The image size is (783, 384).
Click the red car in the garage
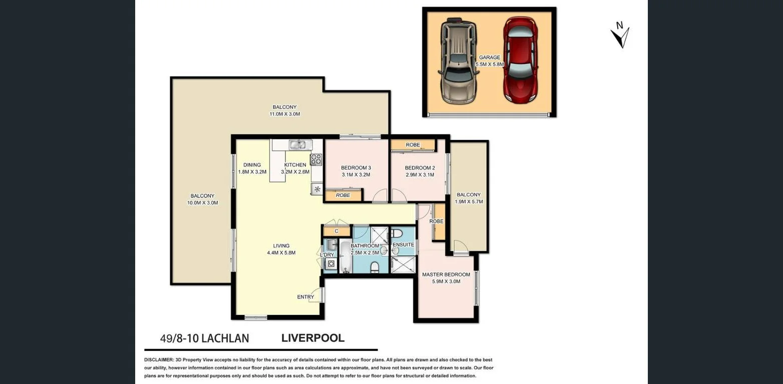coord(520,60)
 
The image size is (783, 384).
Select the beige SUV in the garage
coord(458,60)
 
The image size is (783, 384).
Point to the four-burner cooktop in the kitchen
coord(316,159)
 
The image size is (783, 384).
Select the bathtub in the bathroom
coord(346,256)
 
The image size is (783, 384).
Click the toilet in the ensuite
coord(397,233)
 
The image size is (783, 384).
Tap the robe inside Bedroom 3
coord(343,195)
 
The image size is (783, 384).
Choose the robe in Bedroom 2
coord(413,145)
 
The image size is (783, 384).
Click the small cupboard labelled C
coord(336,231)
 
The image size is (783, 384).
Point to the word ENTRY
coord(305,297)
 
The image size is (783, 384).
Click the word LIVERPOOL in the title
coord(313,338)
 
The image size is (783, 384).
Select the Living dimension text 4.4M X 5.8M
coord(281,252)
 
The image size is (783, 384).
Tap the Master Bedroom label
coord(446,274)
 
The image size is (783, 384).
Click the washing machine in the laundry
coord(331,264)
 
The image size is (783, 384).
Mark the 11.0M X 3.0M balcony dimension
coord(284,114)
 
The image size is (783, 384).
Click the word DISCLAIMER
coord(159,360)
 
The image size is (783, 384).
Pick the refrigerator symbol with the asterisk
coord(317,189)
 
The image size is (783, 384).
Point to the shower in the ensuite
coord(403,264)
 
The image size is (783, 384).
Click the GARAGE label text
coord(490,57)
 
